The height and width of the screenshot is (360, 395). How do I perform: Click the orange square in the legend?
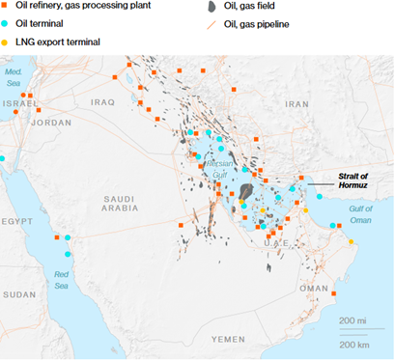[x=6, y=6]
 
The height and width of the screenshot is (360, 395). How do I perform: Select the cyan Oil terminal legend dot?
[x=6, y=25]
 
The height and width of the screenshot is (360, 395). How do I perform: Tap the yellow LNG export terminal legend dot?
[x=6, y=43]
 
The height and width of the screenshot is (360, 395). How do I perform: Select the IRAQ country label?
[x=129, y=100]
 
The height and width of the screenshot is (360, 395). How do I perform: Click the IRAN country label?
[x=298, y=102]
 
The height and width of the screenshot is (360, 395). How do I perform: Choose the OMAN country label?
[x=314, y=287]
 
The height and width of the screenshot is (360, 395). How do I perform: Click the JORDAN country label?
[x=50, y=123]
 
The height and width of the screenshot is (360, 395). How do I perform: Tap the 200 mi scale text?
[x=353, y=319]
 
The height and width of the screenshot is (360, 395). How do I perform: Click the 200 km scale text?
[x=353, y=344]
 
